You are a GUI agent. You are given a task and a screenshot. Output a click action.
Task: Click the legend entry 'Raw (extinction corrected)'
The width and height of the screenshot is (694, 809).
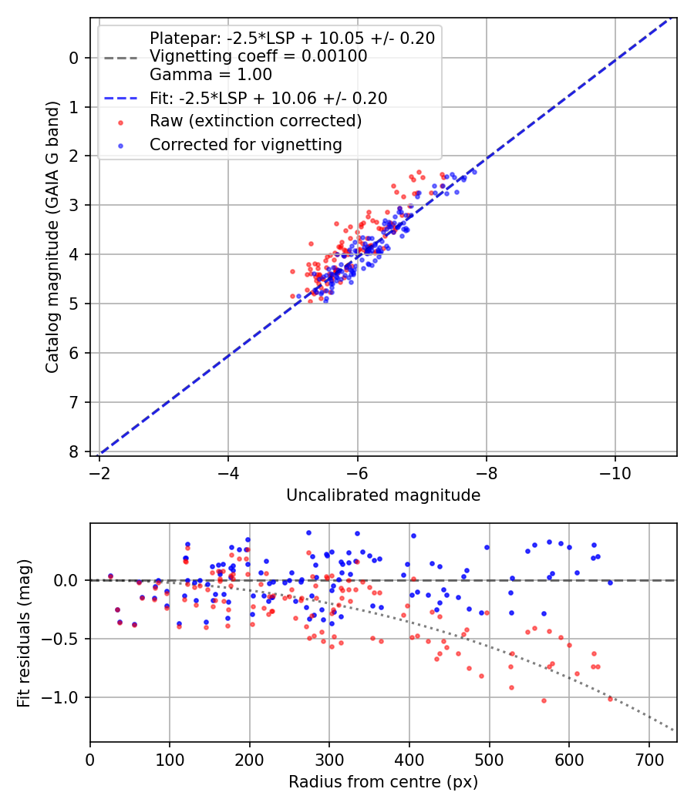pyautogui.click(x=255, y=121)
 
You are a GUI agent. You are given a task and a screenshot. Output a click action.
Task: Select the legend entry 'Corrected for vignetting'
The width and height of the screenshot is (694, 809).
pyautogui.click(x=246, y=144)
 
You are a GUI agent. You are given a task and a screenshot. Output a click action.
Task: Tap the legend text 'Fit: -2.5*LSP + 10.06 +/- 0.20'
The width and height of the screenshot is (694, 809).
pyautogui.click(x=268, y=98)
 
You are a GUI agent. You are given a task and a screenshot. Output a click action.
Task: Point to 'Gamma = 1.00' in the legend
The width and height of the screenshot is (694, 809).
pyautogui.click(x=211, y=75)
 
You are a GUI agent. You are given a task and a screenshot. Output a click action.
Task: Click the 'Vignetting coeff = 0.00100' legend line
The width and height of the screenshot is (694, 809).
pyautogui.click(x=258, y=56)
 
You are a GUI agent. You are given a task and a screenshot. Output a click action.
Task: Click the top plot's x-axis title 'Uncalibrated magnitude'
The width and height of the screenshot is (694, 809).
pyautogui.click(x=383, y=495)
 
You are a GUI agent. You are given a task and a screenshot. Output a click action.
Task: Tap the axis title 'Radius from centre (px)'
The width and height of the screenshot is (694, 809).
pyautogui.click(x=383, y=782)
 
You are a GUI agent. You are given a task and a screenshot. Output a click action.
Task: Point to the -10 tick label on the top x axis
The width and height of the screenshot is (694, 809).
pyautogui.click(x=614, y=468)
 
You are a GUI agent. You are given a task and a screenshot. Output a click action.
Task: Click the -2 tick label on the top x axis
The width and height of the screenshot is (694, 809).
pyautogui.click(x=99, y=468)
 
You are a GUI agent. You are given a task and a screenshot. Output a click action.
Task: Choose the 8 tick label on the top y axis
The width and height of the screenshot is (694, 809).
pyautogui.click(x=74, y=451)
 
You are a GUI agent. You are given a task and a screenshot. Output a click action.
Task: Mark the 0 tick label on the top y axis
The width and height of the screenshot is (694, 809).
pyautogui.click(x=74, y=57)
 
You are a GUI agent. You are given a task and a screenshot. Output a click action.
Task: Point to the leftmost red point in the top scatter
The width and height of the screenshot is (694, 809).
pyautogui.click(x=292, y=271)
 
